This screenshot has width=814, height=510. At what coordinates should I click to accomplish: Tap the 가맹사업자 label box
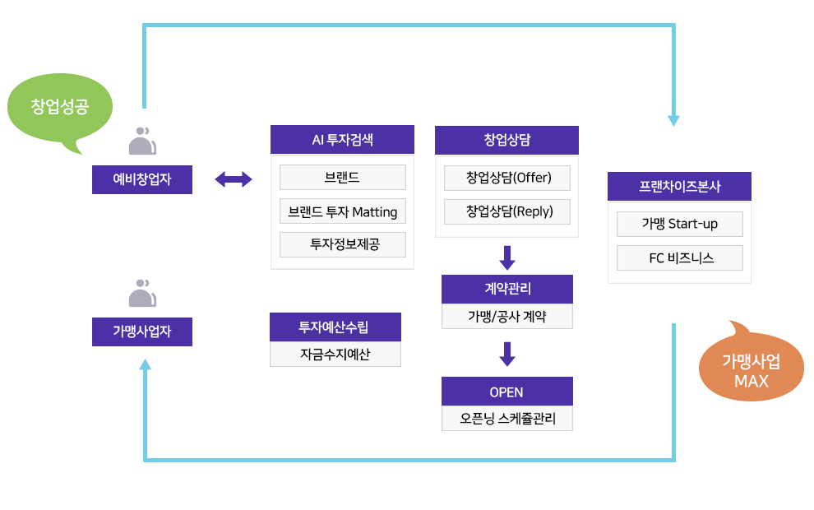click(x=142, y=331)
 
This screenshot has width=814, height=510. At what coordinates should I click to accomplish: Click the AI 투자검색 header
click(x=342, y=139)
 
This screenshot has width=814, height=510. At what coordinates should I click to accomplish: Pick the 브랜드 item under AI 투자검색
click(x=342, y=177)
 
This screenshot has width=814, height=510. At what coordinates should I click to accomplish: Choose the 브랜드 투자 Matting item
click(x=342, y=211)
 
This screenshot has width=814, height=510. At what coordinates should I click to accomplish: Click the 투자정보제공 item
click(x=342, y=244)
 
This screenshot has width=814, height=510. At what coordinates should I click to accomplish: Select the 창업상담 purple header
click(x=506, y=139)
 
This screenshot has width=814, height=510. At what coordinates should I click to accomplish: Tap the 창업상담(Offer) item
click(x=506, y=178)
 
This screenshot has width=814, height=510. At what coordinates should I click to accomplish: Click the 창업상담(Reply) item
click(x=506, y=211)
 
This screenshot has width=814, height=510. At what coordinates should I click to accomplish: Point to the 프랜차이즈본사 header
click(x=679, y=186)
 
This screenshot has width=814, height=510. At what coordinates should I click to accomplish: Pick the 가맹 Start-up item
click(x=679, y=224)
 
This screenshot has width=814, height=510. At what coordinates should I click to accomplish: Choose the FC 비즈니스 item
click(x=679, y=257)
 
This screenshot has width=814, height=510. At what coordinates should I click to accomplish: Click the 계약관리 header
click(x=506, y=289)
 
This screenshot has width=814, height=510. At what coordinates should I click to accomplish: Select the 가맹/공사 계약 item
click(x=506, y=316)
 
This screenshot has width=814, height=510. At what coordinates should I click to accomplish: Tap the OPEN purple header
click(x=506, y=392)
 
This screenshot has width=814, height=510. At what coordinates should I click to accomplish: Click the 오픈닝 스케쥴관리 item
click(x=506, y=418)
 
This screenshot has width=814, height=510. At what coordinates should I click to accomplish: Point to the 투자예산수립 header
click(x=335, y=327)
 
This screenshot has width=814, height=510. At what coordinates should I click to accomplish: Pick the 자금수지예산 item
click(x=335, y=355)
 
